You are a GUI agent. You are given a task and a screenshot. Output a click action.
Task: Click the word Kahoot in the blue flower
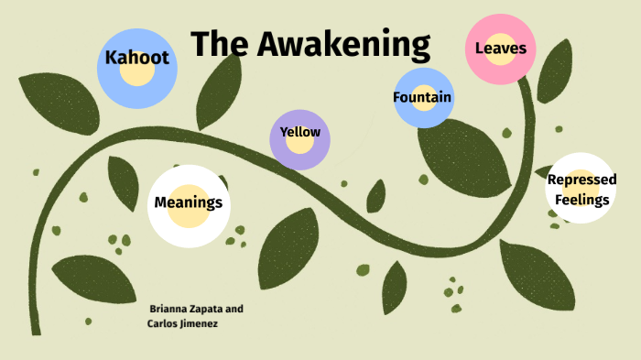click(x=137, y=58)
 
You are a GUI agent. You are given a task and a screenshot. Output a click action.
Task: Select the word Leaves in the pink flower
click(x=500, y=48)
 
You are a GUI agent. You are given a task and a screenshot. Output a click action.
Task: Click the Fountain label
click(x=422, y=97)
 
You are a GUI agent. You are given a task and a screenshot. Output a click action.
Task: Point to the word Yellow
click(x=300, y=132)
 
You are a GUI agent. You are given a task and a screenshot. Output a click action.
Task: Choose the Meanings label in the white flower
click(x=189, y=202)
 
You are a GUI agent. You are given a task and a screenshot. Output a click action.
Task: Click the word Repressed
click(x=581, y=180)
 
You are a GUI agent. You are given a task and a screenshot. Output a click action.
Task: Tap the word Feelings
click(x=581, y=198)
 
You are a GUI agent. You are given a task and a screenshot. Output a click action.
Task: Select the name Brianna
click(x=173, y=309)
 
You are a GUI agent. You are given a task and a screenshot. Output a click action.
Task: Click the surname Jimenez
click(x=198, y=323)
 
